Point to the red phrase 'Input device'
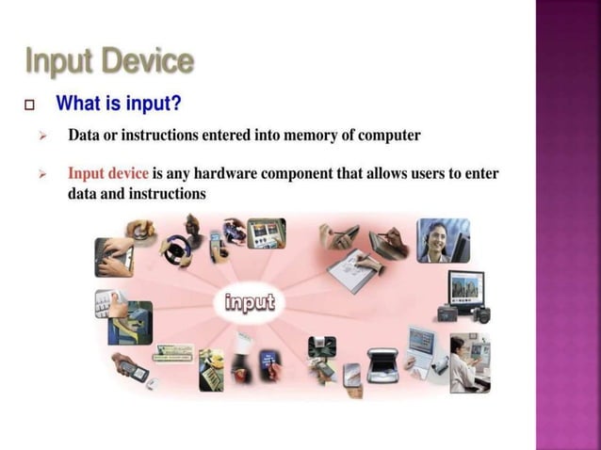coord(107,174)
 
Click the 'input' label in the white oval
coord(251,302)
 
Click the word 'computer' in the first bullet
coord(389,135)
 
